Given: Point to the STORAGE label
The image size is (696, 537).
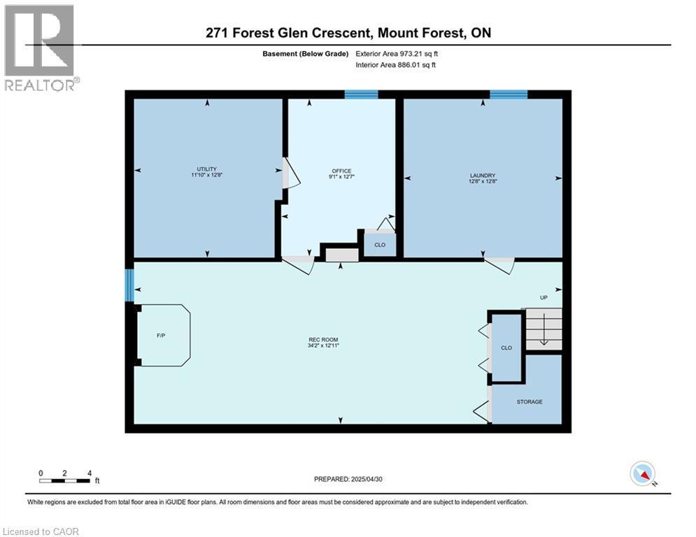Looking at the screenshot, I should [530, 401].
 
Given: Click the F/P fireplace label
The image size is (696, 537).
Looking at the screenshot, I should [161, 336].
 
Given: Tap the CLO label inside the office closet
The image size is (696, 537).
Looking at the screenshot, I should [380, 245].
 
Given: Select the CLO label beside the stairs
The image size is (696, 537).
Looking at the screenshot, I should [506, 348].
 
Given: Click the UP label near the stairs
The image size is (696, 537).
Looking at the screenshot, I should [543, 297].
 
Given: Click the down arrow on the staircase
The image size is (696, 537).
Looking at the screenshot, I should [544, 337].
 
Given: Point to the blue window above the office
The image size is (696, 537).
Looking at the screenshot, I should [361, 94].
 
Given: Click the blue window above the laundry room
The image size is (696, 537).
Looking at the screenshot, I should [509, 94].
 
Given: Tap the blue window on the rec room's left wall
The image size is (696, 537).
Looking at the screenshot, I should [129, 285].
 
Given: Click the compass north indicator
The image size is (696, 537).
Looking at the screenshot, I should [641, 473].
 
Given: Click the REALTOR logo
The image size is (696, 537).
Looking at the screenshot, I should [39, 48].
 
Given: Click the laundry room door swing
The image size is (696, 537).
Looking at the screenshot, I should [499, 265].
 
